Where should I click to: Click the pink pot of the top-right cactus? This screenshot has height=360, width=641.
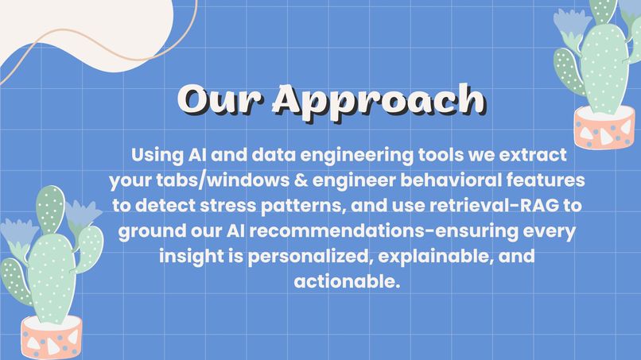604,127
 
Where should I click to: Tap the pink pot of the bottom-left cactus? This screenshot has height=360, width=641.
52,339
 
